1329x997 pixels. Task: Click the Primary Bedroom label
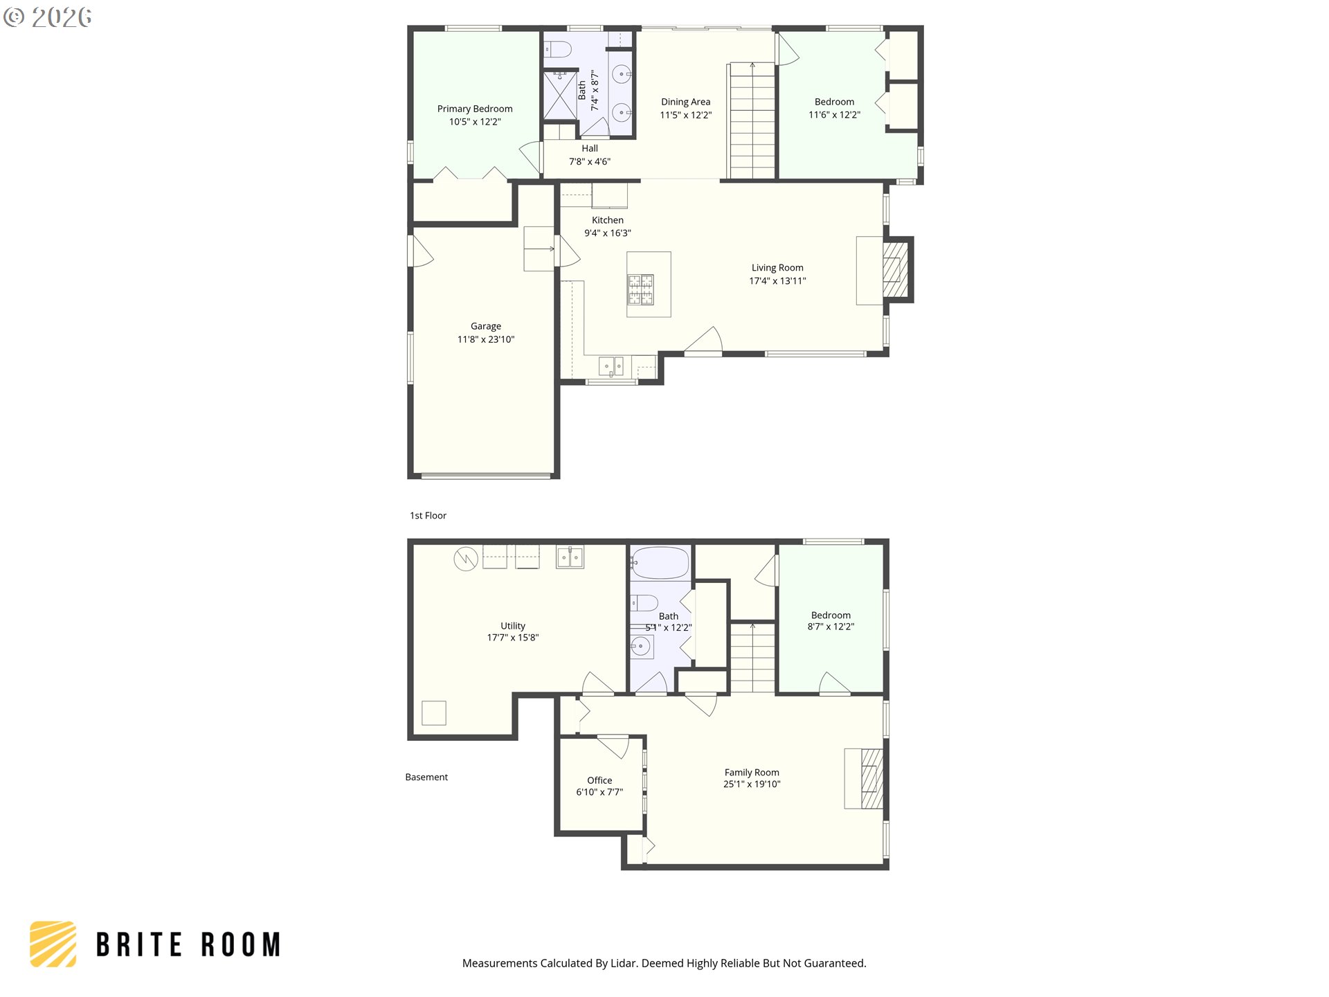point(475,109)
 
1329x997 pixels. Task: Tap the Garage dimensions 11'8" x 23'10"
point(486,339)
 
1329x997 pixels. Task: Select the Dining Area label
point(685,102)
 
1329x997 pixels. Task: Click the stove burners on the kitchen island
point(640,289)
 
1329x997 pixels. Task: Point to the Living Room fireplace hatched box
point(895,270)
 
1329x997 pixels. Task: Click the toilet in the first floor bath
point(557,49)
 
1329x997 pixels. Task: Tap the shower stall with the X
point(559,95)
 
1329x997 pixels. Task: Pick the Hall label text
point(590,148)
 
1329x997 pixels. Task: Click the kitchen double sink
point(611,366)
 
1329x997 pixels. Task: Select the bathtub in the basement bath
point(660,563)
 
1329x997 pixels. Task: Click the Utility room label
point(513,626)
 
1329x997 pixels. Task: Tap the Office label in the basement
point(599,780)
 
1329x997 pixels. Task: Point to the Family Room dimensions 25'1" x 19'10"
point(752,784)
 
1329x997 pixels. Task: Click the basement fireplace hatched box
point(872,779)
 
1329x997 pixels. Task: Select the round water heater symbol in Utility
point(466,559)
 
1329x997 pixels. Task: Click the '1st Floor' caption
point(428,516)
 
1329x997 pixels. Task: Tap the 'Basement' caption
point(426,778)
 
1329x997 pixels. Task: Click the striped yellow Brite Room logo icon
point(53,944)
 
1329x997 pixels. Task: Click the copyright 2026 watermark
point(48,17)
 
